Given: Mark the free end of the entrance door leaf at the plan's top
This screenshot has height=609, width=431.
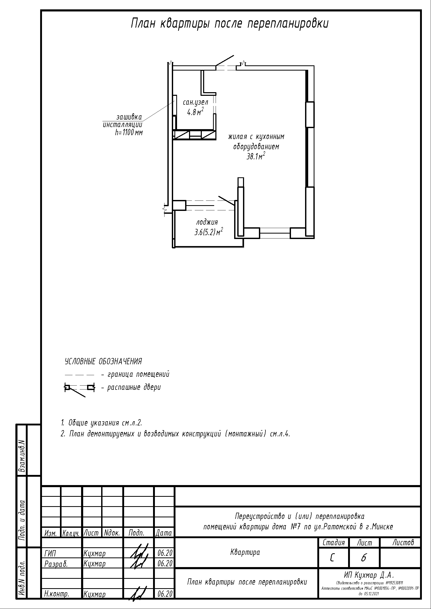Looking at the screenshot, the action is pyautogui.click(x=234, y=55).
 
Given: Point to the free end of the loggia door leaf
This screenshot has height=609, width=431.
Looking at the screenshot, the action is pyautogui.click(x=218, y=197).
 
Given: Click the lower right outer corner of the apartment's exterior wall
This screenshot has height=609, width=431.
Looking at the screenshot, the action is pyautogui.click(x=314, y=238).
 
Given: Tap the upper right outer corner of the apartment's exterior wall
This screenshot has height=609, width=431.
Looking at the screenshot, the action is pyautogui.click(x=314, y=66).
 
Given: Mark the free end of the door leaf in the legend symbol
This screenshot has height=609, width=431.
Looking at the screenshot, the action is pyautogui.click(x=85, y=397).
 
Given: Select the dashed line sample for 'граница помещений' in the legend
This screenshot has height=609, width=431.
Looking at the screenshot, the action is pyautogui.click(x=80, y=375).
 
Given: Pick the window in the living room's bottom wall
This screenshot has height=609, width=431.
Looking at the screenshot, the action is pyautogui.click(x=275, y=233).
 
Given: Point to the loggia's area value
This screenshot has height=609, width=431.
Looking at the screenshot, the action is pyautogui.click(x=209, y=232).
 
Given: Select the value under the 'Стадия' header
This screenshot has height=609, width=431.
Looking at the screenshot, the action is pyautogui.click(x=332, y=558).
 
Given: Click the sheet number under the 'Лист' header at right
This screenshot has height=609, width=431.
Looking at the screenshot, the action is pyautogui.click(x=363, y=558).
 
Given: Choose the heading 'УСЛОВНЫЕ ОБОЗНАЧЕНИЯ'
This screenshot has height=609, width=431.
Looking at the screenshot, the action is pyautogui.click(x=103, y=361).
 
